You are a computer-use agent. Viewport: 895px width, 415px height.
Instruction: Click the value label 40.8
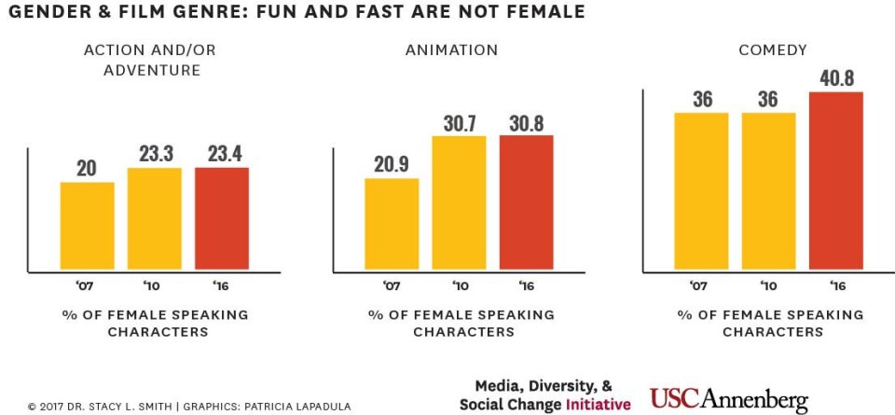[x=836, y=78]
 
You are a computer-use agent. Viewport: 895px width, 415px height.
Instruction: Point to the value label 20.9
[x=392, y=164]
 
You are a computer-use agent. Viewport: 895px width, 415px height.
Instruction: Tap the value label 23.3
[x=155, y=154]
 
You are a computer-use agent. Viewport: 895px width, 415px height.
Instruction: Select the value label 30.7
[x=459, y=122]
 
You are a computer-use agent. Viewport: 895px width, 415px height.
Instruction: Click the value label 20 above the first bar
[x=88, y=168]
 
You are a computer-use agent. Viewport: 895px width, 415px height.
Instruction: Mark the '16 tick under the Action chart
[x=222, y=285]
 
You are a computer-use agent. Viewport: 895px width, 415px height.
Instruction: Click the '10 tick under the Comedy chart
[x=769, y=285]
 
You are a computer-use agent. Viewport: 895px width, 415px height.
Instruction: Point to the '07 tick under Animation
[x=392, y=285]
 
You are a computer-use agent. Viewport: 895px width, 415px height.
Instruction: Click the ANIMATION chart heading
[x=451, y=49]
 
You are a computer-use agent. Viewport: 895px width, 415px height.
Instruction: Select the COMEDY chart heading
[x=773, y=49]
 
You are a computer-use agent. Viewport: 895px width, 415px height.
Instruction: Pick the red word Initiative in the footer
[x=597, y=405]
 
